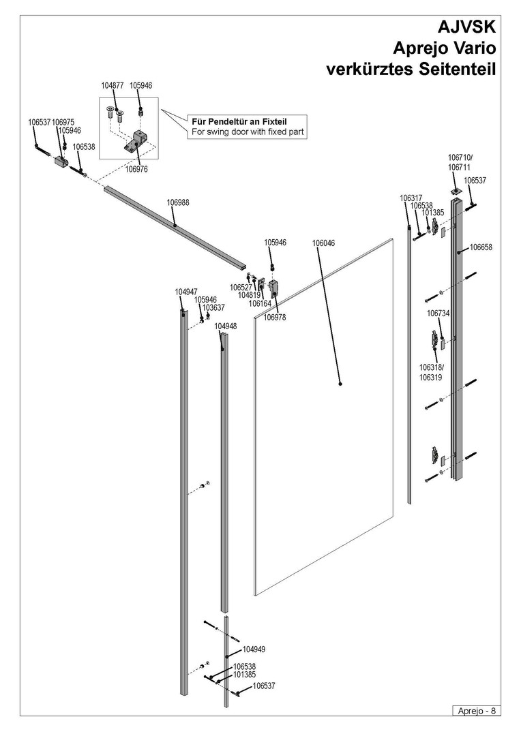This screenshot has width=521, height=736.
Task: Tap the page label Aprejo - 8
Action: pyautogui.click(x=476, y=711)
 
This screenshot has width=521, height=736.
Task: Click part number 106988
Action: pyautogui.click(x=178, y=202)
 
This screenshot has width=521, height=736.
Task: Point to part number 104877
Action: pyautogui.click(x=112, y=86)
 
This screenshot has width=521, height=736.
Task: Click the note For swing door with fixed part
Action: pyautogui.click(x=247, y=132)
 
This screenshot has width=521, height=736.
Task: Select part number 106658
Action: pyautogui.click(x=481, y=247)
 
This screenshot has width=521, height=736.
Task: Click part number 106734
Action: pyautogui.click(x=438, y=313)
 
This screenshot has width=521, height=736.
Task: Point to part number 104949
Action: pyautogui.click(x=254, y=649)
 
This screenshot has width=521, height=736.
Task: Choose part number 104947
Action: pyautogui.click(x=186, y=292)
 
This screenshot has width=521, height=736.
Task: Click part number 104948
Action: pyautogui.click(x=226, y=326)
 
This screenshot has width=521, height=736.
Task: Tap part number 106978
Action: pyautogui.click(x=275, y=318)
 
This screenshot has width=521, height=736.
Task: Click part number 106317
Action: pyautogui.click(x=411, y=198)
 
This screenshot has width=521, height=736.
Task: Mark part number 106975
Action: pyautogui.click(x=63, y=123)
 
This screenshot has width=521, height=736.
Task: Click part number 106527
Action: pyautogui.click(x=241, y=288)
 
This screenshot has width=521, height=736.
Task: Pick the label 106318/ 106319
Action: pyautogui.click(x=431, y=372)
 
